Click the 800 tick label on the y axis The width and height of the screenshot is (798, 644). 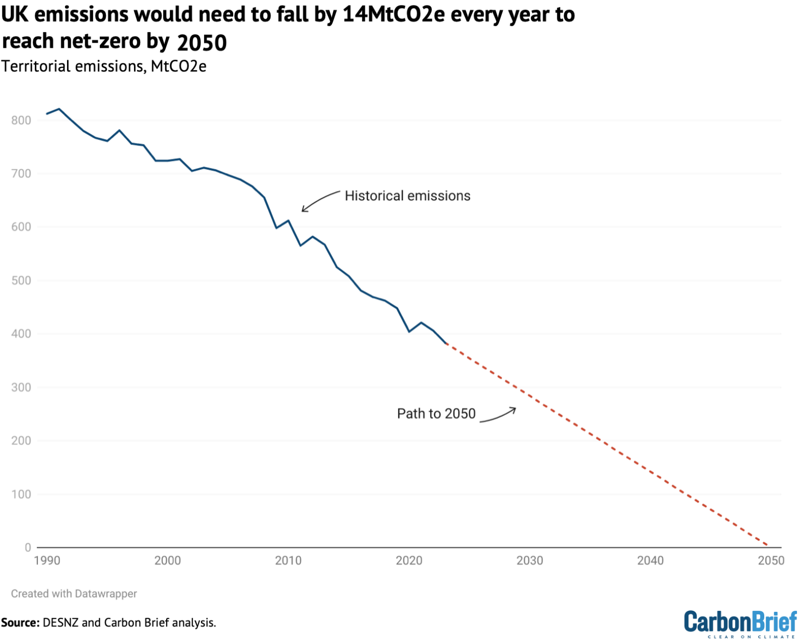21,120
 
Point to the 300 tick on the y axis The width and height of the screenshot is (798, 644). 21,387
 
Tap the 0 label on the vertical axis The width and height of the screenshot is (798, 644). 28,547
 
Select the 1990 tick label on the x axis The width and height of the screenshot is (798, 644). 47,560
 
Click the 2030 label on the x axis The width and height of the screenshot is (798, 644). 529,560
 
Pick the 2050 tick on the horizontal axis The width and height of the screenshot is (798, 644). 771,560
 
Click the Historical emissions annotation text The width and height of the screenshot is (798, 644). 407,196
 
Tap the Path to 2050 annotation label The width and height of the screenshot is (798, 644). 436,414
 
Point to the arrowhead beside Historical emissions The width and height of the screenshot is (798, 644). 303,210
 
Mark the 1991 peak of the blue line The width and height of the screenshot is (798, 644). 59,109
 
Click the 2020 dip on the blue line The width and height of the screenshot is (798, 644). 409,332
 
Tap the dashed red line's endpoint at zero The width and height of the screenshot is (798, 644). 768,545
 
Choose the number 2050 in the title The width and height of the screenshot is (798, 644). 202,43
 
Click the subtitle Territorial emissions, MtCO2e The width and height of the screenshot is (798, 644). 104,66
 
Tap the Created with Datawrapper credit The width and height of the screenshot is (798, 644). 74,594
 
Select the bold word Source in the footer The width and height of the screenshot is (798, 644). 19,622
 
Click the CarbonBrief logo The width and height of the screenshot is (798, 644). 740,623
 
